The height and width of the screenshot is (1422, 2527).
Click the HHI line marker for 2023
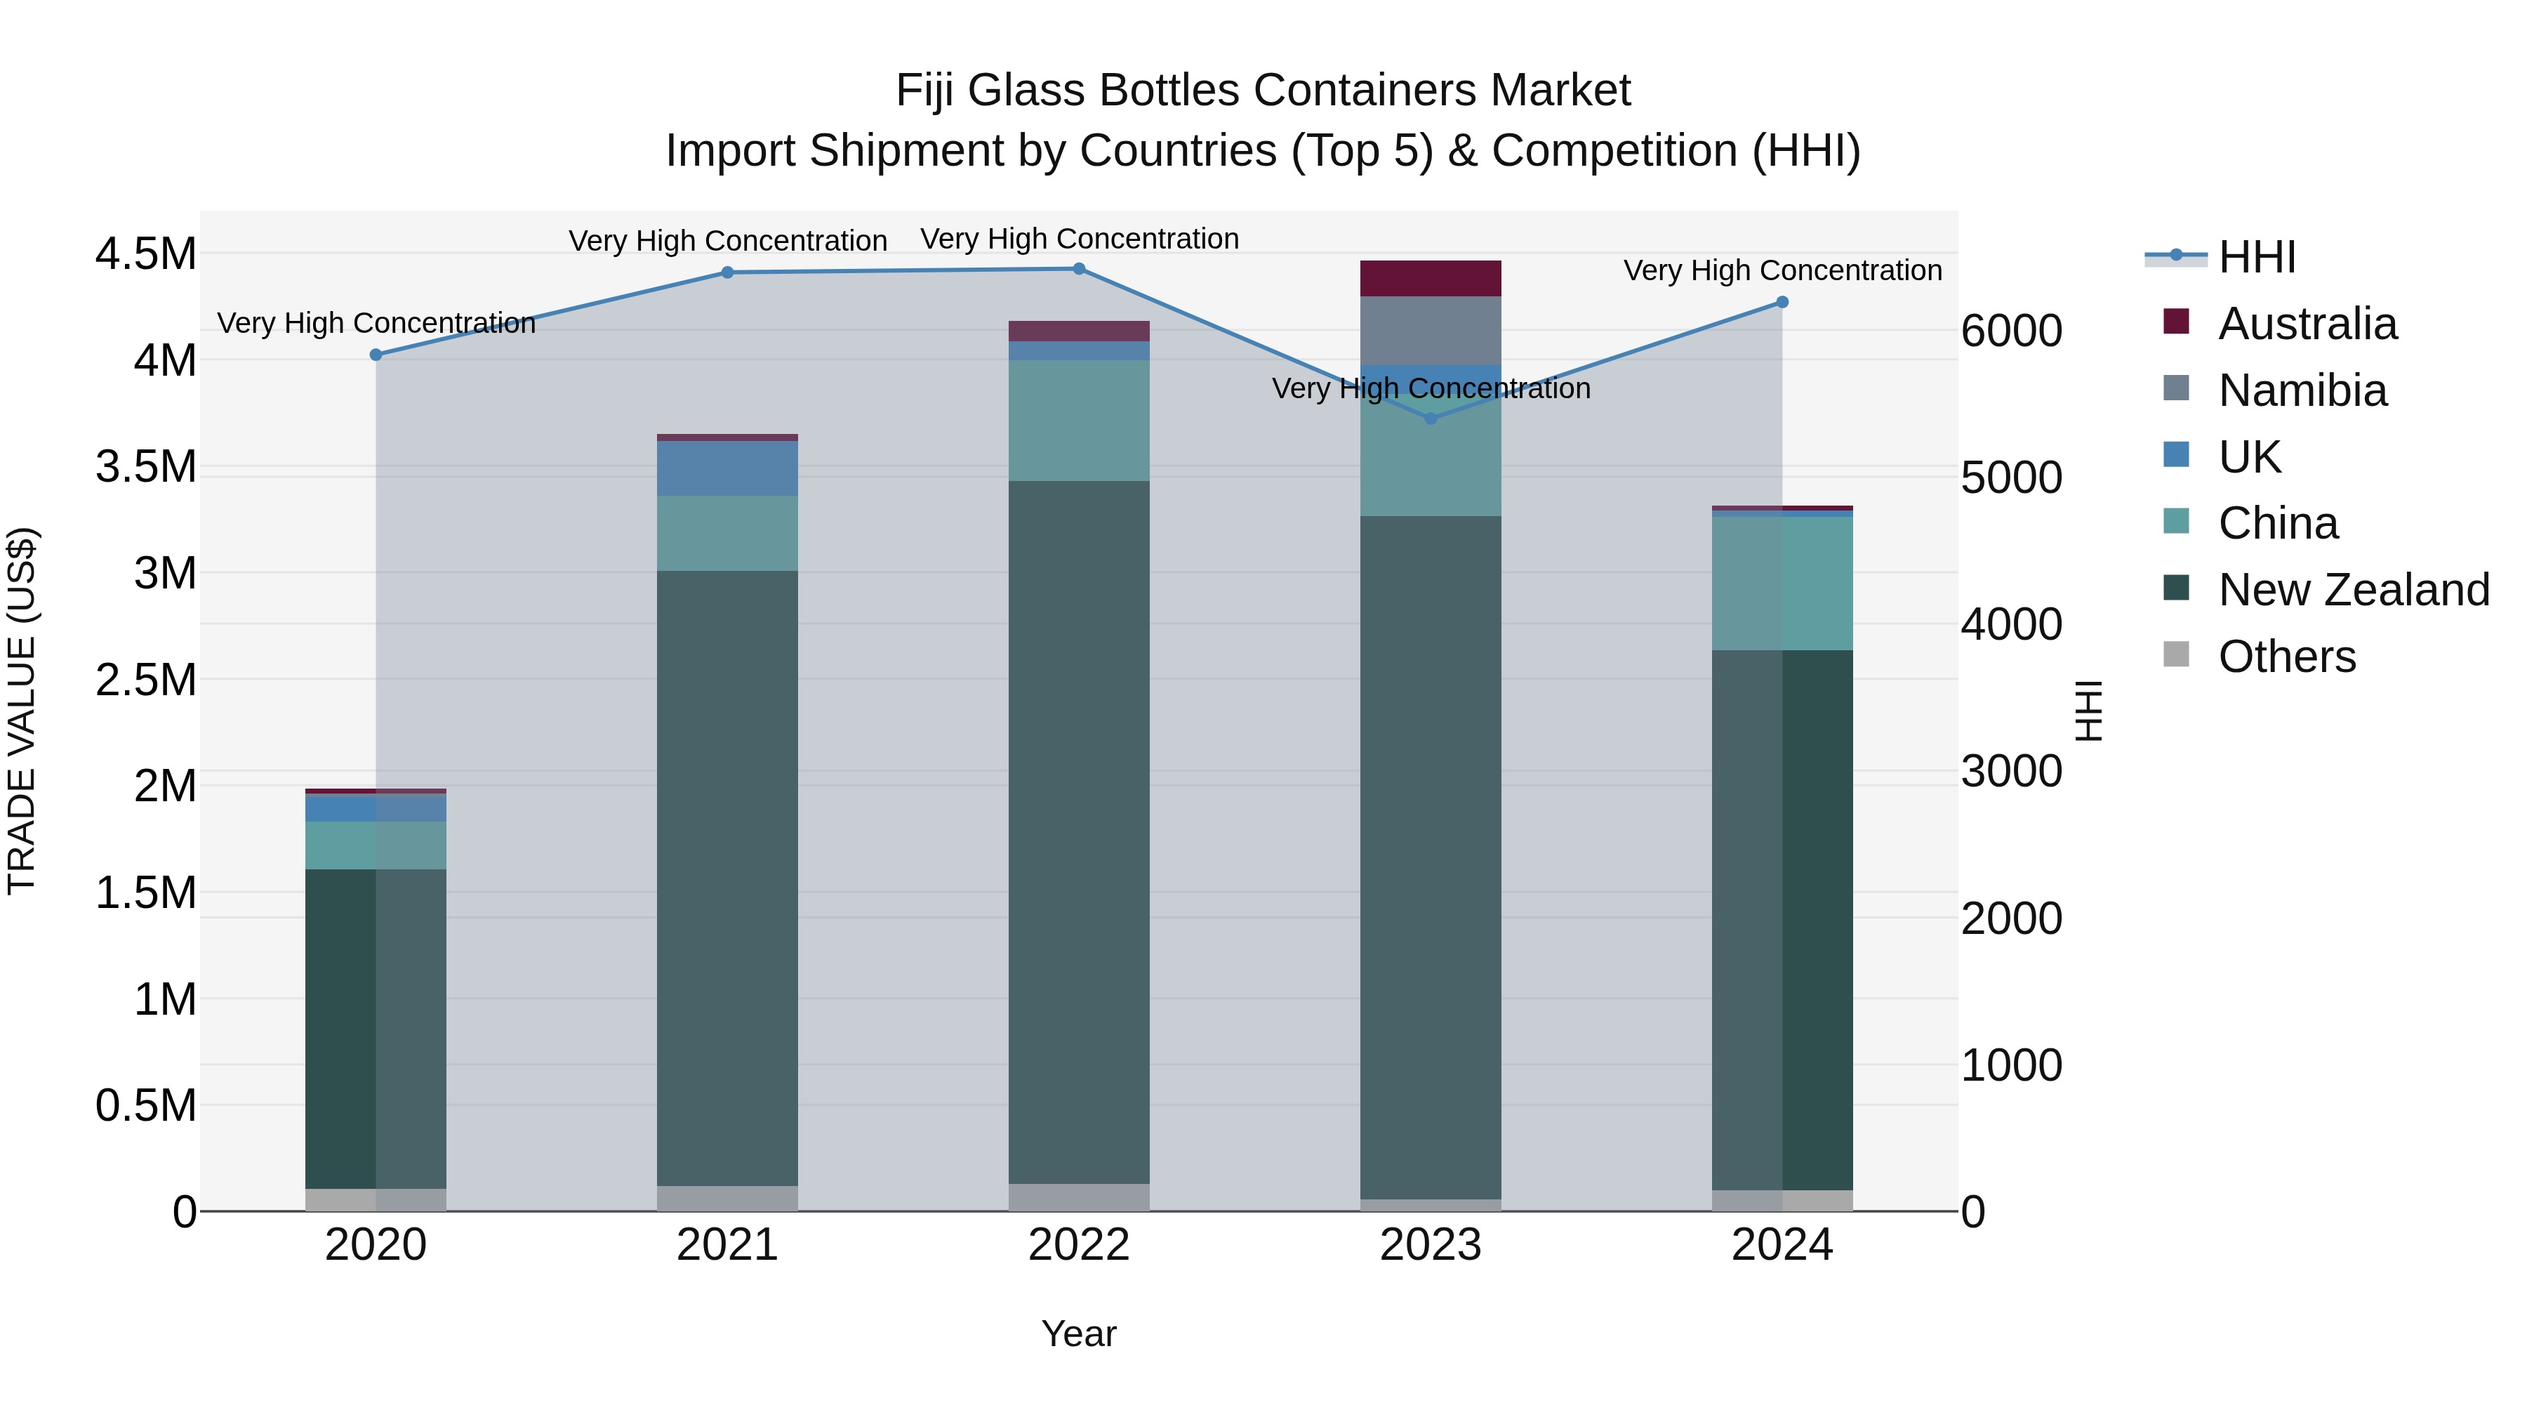tap(1431, 418)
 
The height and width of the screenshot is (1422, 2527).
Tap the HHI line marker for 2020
tap(376, 355)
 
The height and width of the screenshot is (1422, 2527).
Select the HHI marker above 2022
tap(1079, 269)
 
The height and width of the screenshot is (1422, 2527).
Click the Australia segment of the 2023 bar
tap(1431, 279)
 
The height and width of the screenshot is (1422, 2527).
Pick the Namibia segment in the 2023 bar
tap(1431, 331)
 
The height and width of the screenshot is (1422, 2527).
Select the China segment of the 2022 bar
tap(1079, 420)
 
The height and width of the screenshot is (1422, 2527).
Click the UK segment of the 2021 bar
tap(727, 468)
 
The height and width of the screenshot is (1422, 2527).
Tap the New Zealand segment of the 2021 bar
tap(727, 878)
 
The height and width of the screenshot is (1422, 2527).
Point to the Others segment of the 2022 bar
tap(1079, 1197)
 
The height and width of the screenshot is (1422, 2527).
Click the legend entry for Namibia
tap(2302, 390)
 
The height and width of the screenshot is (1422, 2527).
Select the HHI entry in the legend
tap(2256, 257)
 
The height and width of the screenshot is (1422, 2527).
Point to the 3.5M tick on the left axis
tap(145, 467)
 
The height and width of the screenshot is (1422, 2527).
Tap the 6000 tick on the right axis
tap(2011, 331)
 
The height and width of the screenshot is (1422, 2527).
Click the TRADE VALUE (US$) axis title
tap(22, 711)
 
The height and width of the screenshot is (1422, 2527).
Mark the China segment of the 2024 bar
tap(1782, 583)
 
